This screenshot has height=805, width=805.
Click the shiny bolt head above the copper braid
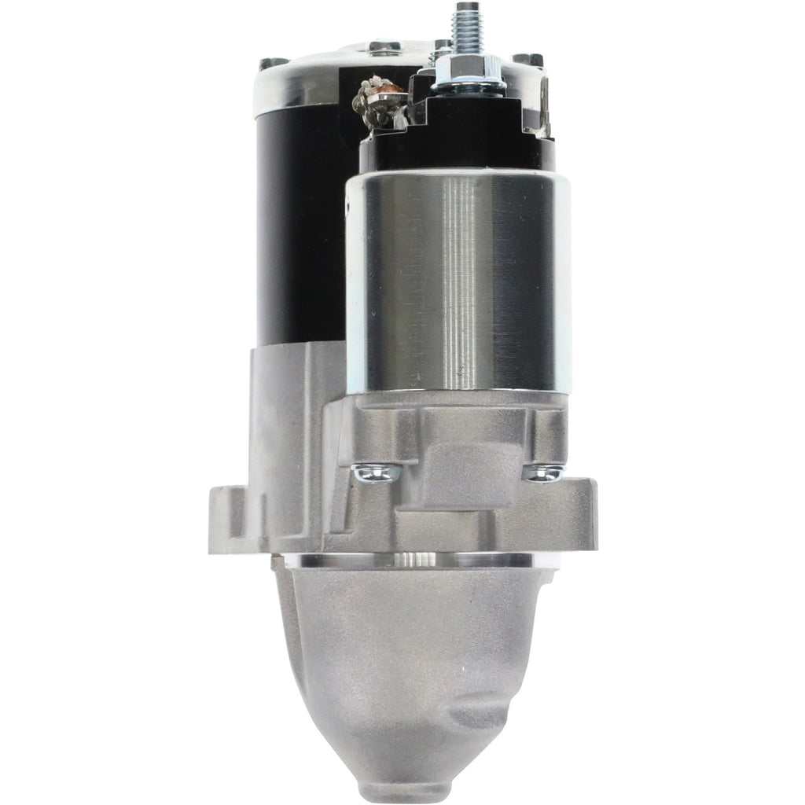click(383, 50)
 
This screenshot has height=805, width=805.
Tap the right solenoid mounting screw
click(544, 472)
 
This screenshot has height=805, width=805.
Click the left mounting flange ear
click(228, 511)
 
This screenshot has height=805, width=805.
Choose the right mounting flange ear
click(578, 511)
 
